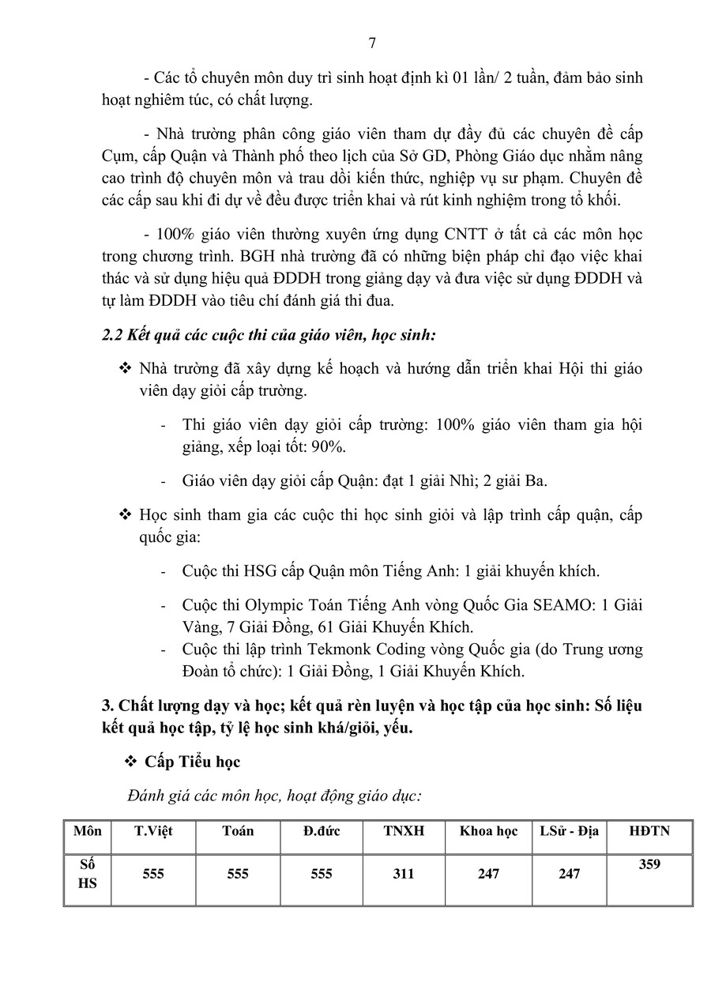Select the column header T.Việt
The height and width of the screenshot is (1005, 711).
tap(153, 831)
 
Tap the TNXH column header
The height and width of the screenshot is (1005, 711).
tap(404, 831)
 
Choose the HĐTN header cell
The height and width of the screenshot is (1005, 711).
tap(649, 831)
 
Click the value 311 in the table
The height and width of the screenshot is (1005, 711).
tap(404, 874)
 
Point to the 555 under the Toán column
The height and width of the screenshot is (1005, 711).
tap(238, 874)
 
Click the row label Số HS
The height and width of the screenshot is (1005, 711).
tap(88, 874)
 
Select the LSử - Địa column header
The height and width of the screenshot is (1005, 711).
tap(570, 831)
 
